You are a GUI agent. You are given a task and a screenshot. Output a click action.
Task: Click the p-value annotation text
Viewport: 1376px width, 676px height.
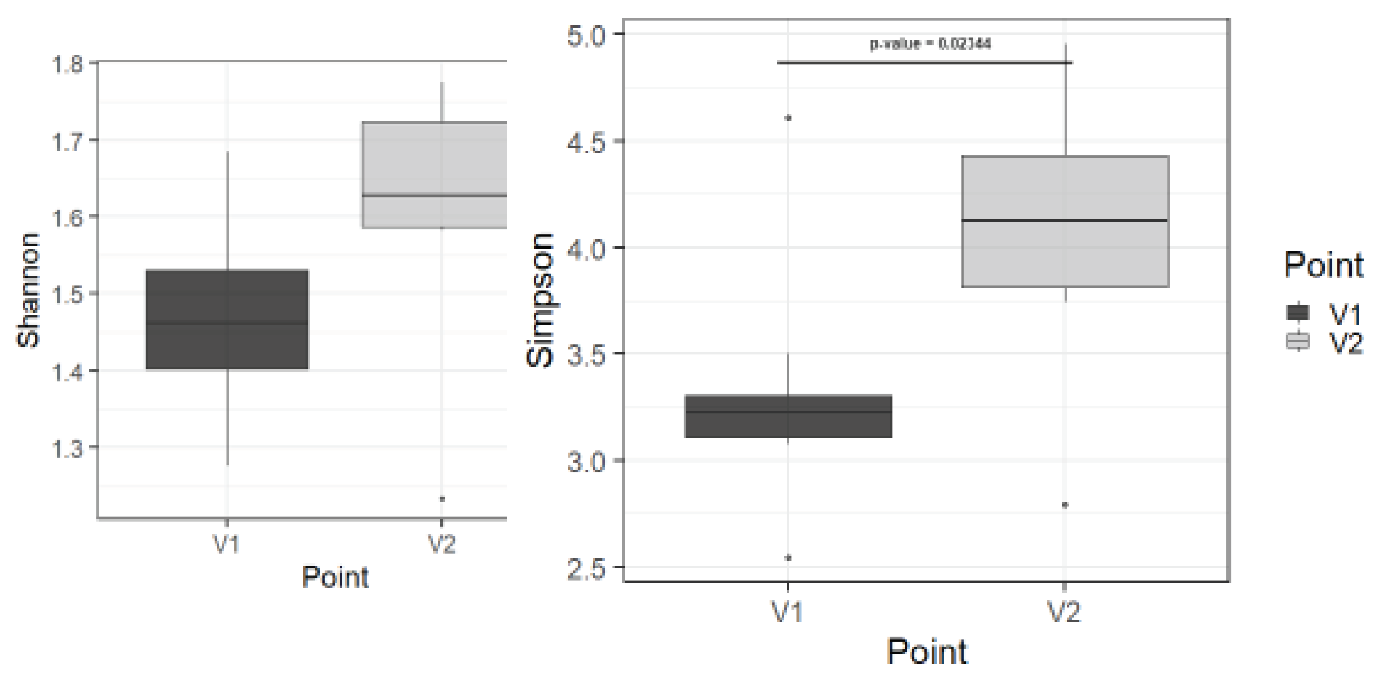[x=930, y=43]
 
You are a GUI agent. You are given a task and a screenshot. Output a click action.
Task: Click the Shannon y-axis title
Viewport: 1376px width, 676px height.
[x=28, y=290]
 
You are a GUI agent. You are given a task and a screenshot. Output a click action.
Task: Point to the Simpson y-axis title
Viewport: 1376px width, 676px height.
[x=540, y=301]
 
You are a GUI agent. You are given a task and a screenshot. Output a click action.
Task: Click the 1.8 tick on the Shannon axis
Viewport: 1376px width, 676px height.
[x=67, y=64]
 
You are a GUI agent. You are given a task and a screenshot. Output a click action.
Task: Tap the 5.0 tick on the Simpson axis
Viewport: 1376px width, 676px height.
[x=587, y=36]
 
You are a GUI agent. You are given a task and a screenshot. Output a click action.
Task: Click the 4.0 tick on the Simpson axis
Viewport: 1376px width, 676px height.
[x=587, y=250]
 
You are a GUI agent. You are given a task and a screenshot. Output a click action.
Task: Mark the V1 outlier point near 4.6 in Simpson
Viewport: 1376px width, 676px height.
[x=788, y=118]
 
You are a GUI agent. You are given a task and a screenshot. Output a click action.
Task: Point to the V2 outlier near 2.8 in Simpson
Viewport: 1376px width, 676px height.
[x=1065, y=505]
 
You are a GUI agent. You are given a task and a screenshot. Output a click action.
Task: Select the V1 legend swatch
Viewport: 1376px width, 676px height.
[x=1298, y=313]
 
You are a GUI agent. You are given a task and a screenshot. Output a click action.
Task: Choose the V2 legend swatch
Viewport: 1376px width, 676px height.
[x=1298, y=341]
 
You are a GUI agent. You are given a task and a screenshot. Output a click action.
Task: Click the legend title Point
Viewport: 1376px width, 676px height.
[x=1323, y=265]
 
